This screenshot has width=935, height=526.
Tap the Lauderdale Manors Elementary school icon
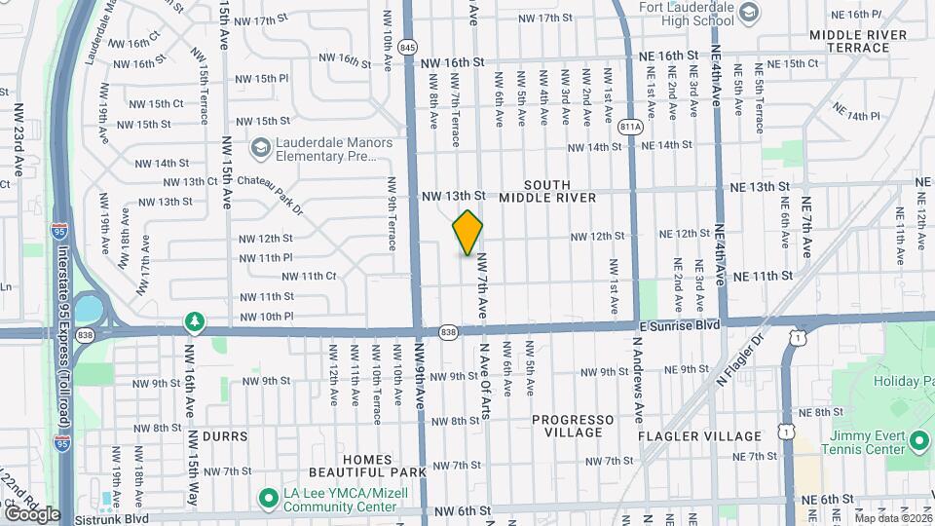260,148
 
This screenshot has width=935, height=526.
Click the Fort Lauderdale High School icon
748,13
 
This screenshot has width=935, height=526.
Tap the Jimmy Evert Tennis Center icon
918,442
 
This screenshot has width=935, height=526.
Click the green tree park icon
195,321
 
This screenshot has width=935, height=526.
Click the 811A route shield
631,127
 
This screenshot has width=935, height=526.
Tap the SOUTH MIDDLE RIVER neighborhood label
546,191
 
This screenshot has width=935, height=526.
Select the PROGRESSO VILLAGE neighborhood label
574,427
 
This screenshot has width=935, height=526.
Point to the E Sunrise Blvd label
680,324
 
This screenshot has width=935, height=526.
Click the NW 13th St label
454,196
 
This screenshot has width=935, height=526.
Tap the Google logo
32,513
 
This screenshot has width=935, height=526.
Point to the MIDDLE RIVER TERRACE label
857,41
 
